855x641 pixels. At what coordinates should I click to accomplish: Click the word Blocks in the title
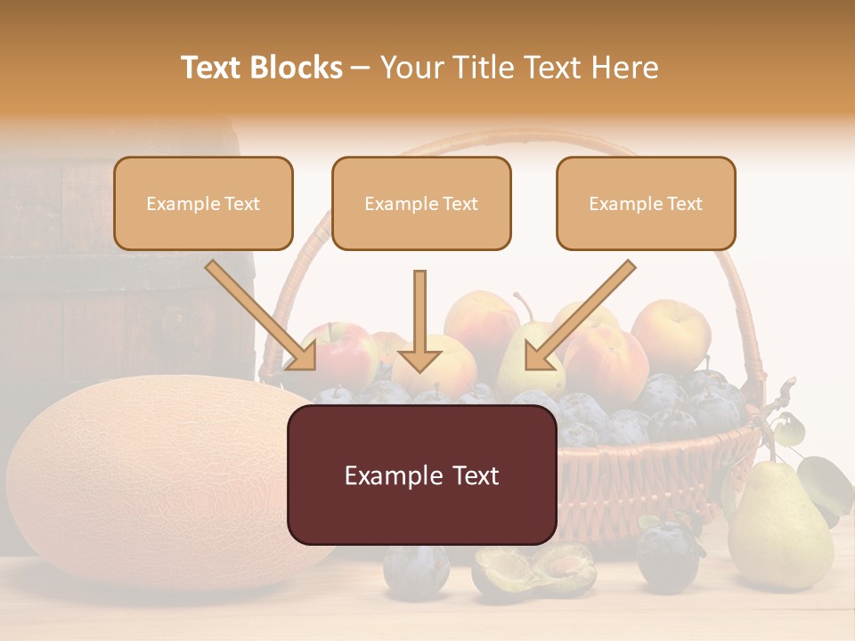(296, 68)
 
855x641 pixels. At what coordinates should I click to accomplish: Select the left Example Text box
(203, 204)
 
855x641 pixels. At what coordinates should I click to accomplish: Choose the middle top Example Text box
(421, 204)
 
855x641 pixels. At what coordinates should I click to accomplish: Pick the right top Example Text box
(646, 204)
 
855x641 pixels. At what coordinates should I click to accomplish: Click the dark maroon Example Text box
(421, 475)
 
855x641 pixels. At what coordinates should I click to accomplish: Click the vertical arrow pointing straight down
(420, 320)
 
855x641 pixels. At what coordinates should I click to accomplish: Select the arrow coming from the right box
(580, 315)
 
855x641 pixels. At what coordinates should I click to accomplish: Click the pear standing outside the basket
(779, 530)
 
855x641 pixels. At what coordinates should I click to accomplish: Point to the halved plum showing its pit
(534, 570)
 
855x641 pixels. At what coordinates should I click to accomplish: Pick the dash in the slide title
(361, 68)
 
